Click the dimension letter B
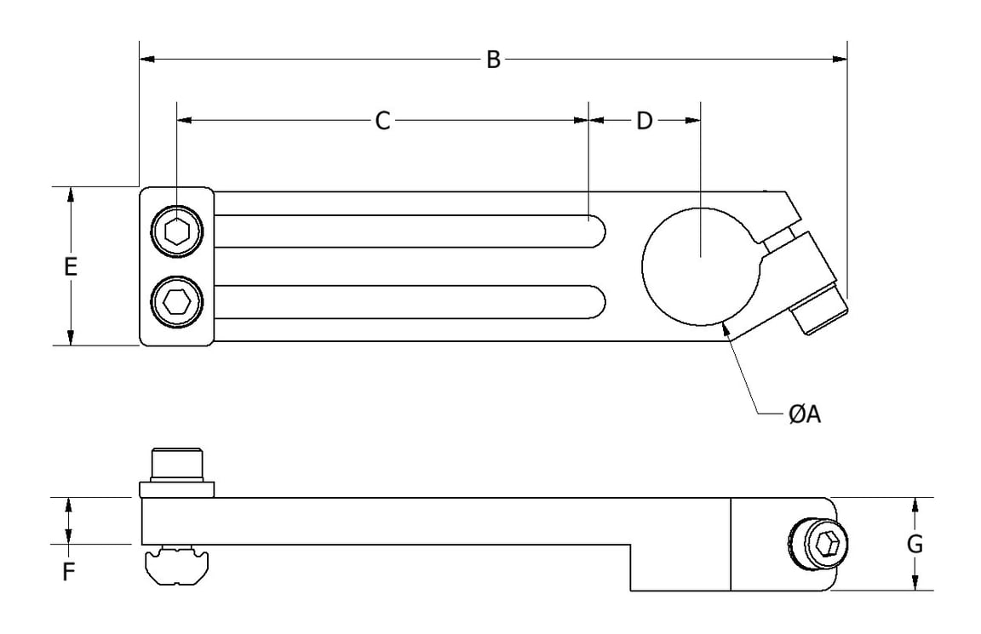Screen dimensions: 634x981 (493, 60)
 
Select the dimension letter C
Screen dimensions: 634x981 (382, 122)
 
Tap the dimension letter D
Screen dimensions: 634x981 (645, 122)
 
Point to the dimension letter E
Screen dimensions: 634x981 (71, 266)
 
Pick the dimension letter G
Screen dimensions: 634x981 (915, 544)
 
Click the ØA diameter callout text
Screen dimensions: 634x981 (804, 414)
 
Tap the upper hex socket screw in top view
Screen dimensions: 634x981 (177, 231)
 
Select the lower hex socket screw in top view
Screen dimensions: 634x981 (177, 301)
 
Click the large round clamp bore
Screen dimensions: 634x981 (697, 266)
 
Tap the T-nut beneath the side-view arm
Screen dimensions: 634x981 (177, 566)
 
